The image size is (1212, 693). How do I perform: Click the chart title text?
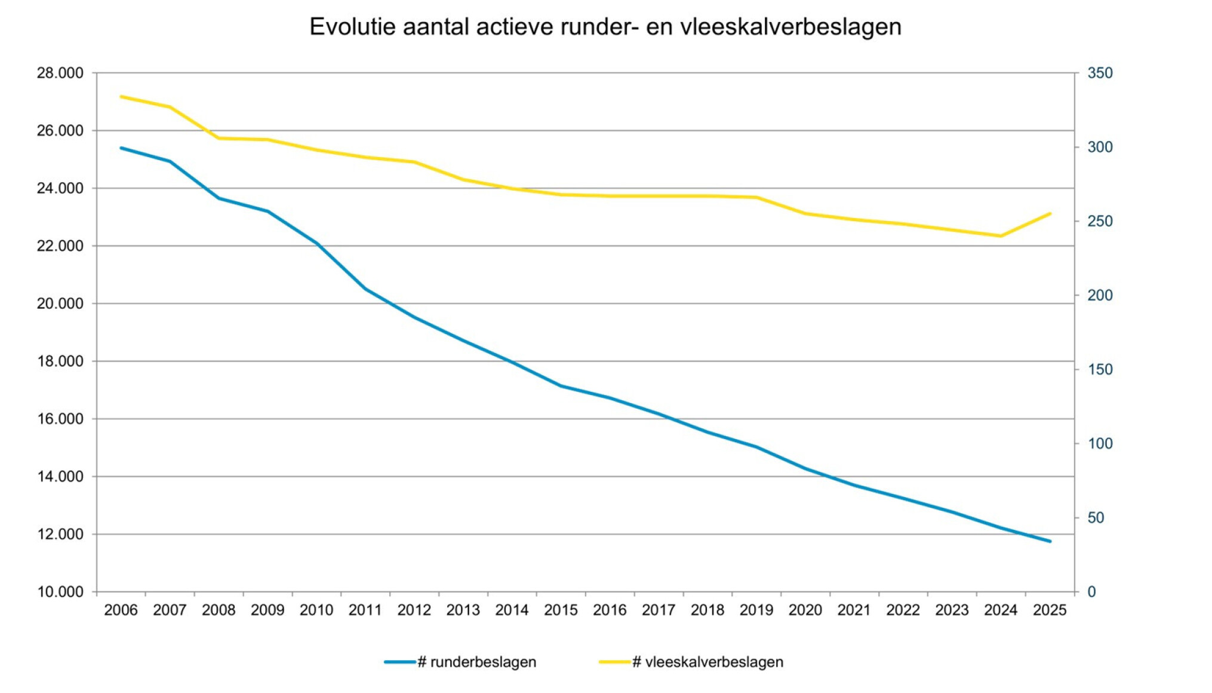tap(605, 27)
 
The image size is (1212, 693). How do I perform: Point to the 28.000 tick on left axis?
tap(60, 73)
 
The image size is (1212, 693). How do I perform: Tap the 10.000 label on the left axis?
tap(60, 592)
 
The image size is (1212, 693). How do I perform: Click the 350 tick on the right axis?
tap(1100, 73)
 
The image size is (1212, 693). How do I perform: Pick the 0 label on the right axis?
tap(1091, 592)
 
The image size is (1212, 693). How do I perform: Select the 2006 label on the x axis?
tap(121, 610)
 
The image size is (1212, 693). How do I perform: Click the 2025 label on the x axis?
tap(1050, 610)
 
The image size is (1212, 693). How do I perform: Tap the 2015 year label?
tap(561, 610)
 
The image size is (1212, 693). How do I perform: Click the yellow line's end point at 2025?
tap(1050, 213)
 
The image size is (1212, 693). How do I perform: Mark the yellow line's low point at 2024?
tap(1001, 236)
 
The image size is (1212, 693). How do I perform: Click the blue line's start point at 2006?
tap(121, 148)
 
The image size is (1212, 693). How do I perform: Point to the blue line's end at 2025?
tap(1050, 541)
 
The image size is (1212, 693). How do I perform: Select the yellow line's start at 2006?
tap(121, 96)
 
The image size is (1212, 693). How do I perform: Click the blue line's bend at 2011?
tap(365, 289)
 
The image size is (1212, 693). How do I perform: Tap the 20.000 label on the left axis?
tap(60, 303)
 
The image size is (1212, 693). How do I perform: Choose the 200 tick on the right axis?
tap(1100, 295)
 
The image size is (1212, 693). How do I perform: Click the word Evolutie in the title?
tap(352, 27)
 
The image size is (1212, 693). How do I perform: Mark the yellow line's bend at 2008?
tap(219, 138)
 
